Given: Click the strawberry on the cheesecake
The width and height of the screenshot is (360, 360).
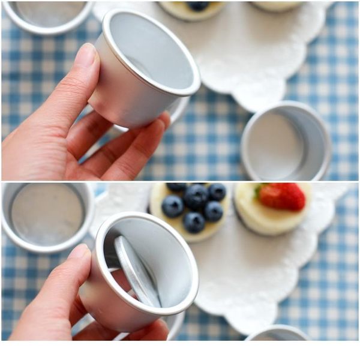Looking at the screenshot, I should tap(283, 196).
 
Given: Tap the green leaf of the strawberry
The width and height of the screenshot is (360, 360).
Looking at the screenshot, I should tap(259, 192).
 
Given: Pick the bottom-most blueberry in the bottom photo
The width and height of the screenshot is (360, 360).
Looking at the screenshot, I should tap(194, 222).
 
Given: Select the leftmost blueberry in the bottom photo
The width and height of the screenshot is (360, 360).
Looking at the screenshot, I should tap(173, 206).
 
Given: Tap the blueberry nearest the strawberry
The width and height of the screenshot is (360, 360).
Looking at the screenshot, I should tap(217, 192).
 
